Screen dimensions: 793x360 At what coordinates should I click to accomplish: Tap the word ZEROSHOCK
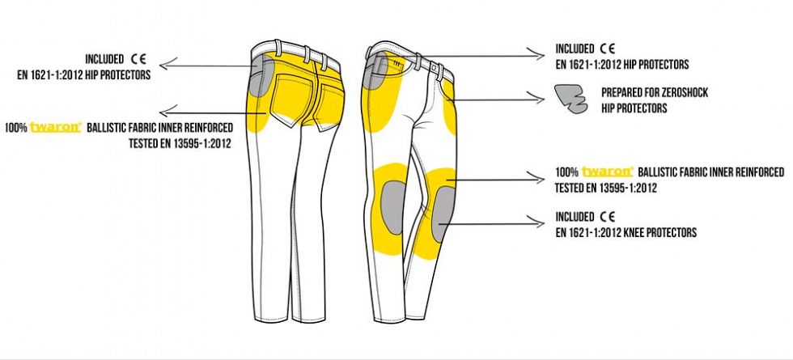pos(681,93)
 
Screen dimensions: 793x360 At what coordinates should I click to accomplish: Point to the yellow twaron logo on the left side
pos(56,127)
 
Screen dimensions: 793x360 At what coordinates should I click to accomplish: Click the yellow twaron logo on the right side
pos(608,172)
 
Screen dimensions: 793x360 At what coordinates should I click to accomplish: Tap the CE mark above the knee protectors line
pos(608,217)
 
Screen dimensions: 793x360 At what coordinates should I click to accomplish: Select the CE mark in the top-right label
pos(608,49)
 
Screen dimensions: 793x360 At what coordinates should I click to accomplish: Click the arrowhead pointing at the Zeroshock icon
pos(537,98)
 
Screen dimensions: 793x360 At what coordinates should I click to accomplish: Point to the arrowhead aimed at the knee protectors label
pos(537,220)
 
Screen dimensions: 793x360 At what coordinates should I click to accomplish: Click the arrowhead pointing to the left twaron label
pos(167,111)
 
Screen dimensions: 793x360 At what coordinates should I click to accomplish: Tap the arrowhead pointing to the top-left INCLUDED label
pos(167,64)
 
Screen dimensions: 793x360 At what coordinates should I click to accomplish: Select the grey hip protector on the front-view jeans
pos(375,71)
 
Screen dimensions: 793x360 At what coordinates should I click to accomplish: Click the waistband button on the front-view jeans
pos(434,66)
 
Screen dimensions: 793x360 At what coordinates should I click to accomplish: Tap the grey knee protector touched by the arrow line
pos(444,213)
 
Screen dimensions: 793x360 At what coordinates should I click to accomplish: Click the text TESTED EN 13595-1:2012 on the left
pos(180,143)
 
